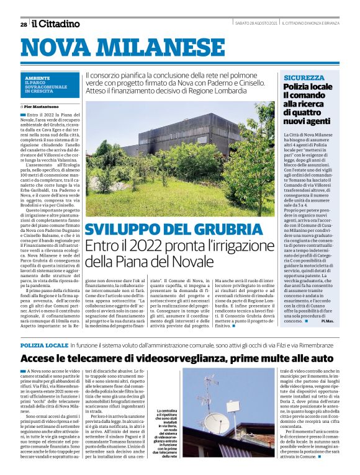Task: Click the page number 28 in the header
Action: coord(23,24)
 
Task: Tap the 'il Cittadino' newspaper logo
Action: coord(56,24)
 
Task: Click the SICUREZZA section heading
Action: coord(304,78)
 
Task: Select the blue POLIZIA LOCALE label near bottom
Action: coord(44,344)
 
